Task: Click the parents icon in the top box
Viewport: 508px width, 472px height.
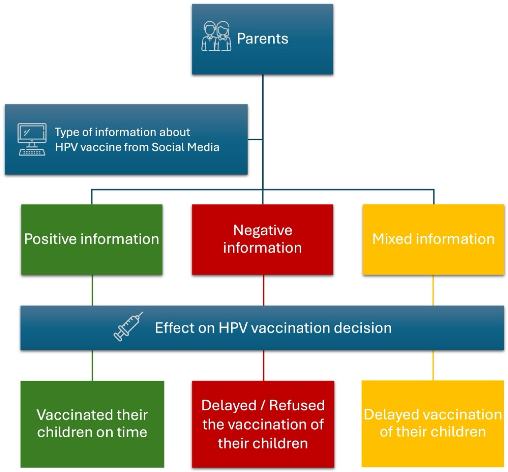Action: click(x=216, y=36)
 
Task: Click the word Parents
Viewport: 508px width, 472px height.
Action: click(x=262, y=39)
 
